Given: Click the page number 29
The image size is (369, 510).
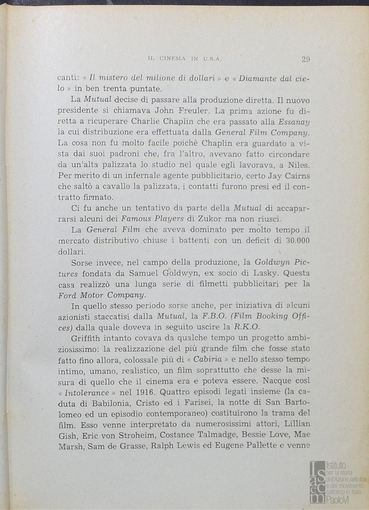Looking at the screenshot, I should coord(305,59).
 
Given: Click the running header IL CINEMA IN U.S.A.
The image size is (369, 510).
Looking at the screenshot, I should coord(185,59).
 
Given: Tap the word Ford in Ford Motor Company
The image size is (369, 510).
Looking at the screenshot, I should coord(67,295).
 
